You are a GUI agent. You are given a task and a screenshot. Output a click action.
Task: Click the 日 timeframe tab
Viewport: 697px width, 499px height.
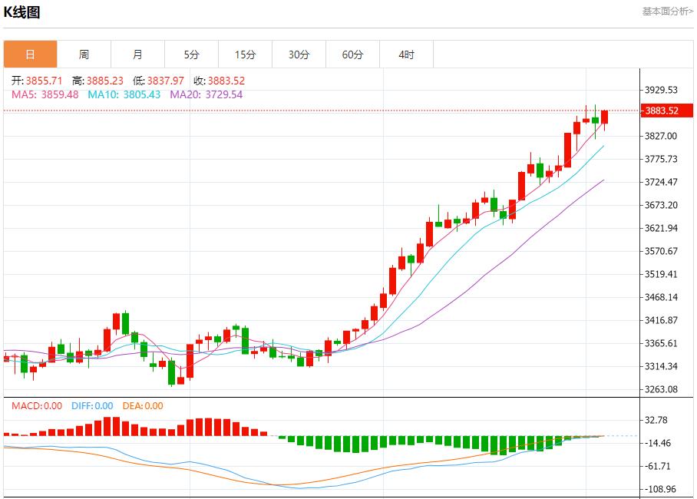[x=30, y=55]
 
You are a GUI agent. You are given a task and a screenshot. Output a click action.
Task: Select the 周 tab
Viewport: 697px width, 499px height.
[x=84, y=55]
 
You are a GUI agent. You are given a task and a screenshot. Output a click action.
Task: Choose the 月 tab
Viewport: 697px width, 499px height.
[x=137, y=55]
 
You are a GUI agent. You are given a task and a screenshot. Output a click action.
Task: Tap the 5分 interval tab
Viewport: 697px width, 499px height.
[x=191, y=55]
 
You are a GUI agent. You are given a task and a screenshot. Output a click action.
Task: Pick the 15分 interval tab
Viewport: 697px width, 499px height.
[x=245, y=55]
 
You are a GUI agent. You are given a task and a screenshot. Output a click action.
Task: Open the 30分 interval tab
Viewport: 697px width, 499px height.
[x=299, y=55]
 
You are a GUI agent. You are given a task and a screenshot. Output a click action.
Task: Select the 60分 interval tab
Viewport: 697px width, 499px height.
[x=352, y=55]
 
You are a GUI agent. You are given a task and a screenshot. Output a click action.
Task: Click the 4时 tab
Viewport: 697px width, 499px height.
[x=406, y=55]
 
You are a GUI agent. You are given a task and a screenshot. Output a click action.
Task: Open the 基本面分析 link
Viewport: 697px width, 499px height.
[x=667, y=11]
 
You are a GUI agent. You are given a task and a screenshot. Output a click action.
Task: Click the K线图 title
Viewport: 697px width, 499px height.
[x=22, y=12]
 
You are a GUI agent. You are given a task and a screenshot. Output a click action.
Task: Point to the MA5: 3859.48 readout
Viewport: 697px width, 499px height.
[x=45, y=94]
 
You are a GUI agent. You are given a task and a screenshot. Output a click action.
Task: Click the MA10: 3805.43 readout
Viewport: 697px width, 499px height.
[x=124, y=94]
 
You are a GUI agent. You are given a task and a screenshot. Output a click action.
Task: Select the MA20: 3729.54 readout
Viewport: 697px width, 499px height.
[x=206, y=94]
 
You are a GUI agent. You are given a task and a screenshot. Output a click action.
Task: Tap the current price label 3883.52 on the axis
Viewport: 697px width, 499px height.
[x=662, y=111]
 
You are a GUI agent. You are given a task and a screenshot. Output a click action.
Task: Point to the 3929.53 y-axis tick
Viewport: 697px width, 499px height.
[x=662, y=90]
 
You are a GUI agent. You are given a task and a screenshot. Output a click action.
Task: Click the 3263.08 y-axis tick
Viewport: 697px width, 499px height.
[x=662, y=389]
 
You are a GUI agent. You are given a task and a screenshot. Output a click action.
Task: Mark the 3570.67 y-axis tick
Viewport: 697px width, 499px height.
[x=662, y=251]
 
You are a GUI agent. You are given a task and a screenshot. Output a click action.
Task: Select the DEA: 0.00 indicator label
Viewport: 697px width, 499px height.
[x=143, y=406]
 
